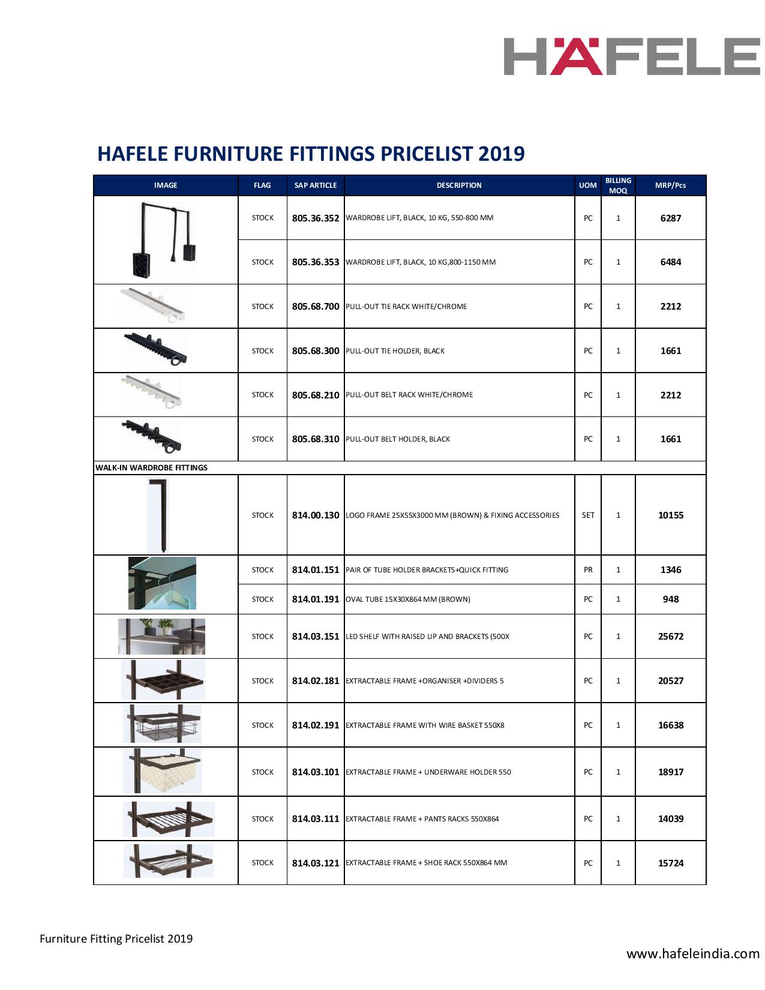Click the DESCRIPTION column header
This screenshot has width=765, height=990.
(x=459, y=185)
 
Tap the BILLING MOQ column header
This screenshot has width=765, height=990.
(x=618, y=185)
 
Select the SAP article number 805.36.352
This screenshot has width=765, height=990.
(x=316, y=218)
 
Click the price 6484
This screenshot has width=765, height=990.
(x=670, y=262)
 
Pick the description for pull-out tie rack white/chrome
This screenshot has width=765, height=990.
(x=406, y=307)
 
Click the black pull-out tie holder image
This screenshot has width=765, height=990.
(x=155, y=350)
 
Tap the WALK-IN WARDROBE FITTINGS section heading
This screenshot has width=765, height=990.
(x=151, y=468)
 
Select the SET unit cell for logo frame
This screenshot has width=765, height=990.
(x=588, y=515)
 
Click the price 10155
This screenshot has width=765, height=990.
(x=670, y=515)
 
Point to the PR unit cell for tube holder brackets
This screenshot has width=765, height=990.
(x=588, y=570)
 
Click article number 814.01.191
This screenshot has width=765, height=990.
(x=316, y=599)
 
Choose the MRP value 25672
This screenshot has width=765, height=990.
(x=670, y=637)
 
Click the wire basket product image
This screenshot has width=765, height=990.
(x=162, y=724)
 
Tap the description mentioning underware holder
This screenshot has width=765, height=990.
(x=428, y=772)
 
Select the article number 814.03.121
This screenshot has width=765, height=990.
(x=316, y=863)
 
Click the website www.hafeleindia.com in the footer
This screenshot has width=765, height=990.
(x=693, y=954)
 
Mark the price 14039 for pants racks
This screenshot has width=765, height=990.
(x=670, y=819)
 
